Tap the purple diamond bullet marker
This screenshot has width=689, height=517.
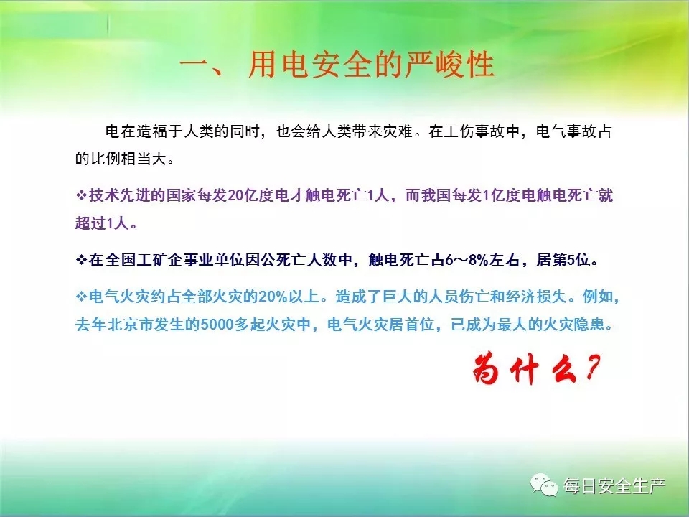pos(81,195)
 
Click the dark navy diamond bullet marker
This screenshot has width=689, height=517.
pos(81,260)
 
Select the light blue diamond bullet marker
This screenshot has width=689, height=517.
pos(81,297)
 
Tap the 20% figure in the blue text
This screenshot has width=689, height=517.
pos(273,297)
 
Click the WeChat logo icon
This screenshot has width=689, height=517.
pos(544,485)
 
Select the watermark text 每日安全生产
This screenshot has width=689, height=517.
pos(615,486)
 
